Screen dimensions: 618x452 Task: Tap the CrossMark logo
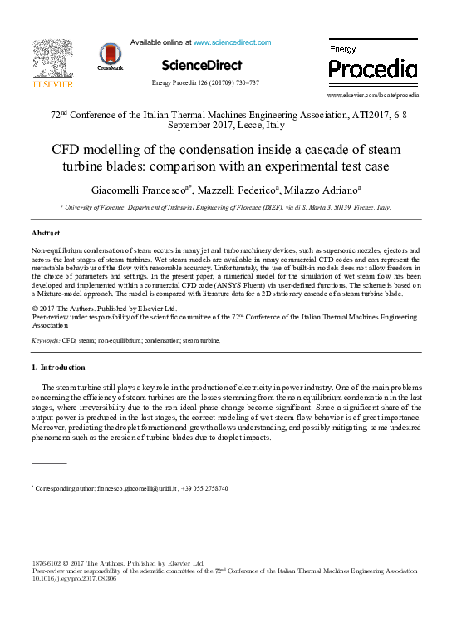click(109, 57)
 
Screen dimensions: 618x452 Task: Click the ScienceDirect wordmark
click(202, 65)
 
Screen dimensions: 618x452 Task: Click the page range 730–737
click(248, 83)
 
